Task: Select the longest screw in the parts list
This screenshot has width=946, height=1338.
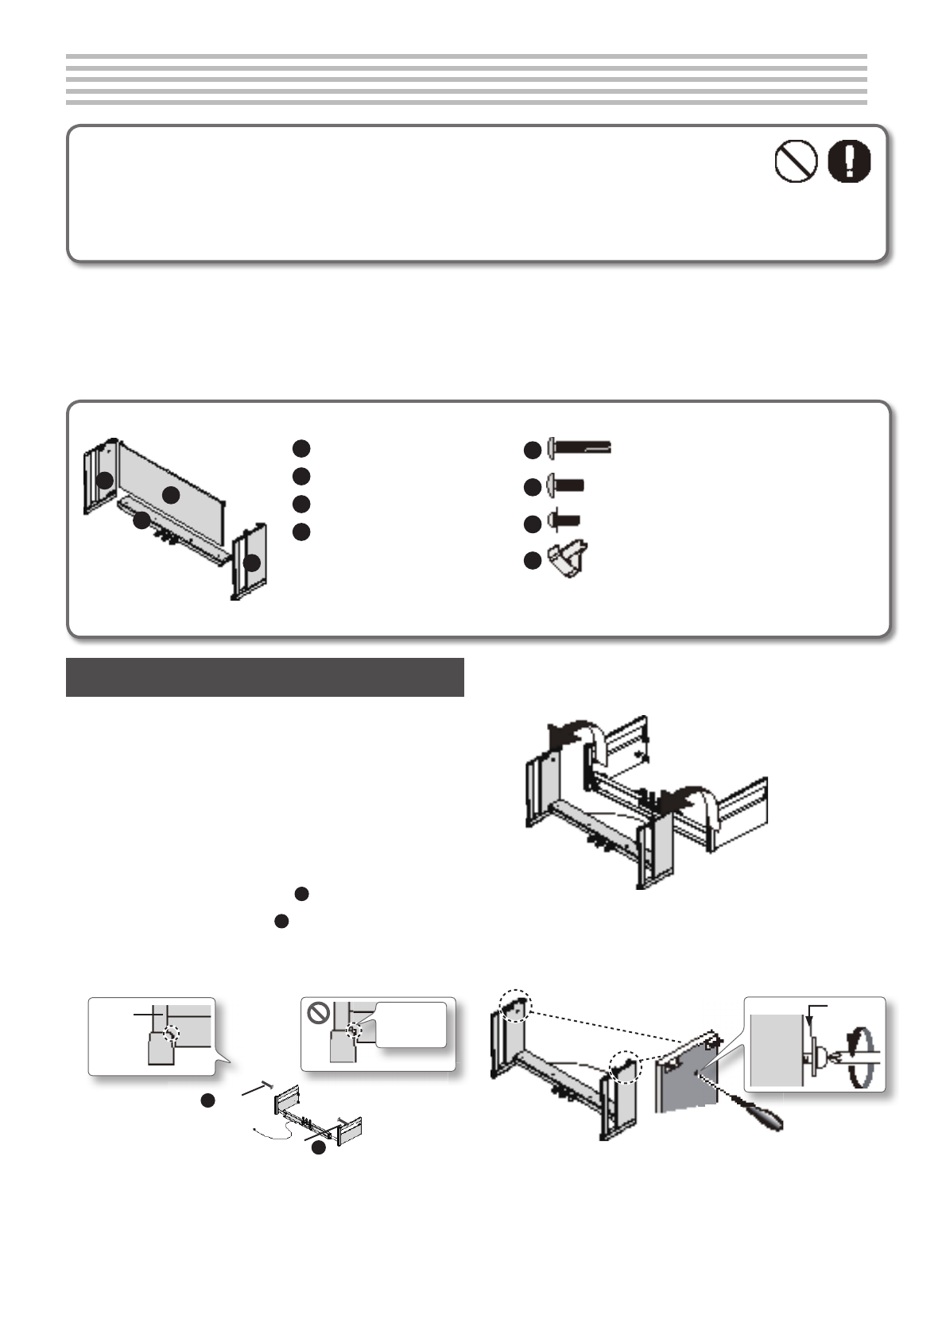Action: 580,450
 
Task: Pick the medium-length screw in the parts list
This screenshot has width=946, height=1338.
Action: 566,485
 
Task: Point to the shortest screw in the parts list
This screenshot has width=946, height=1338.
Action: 564,521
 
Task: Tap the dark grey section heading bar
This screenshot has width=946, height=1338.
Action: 265,677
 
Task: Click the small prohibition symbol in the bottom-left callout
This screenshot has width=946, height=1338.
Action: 319,1012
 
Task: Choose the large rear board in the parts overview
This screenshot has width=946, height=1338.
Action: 171,493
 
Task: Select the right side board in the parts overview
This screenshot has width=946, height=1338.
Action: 250,562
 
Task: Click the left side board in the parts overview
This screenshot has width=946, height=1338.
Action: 101,479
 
